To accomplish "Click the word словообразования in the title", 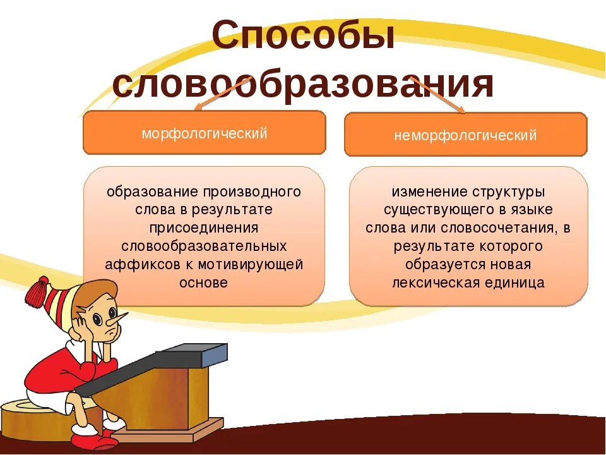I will (303, 85).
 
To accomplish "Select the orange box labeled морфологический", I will (205, 133).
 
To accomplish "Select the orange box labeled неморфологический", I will (465, 135).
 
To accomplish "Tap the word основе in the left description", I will (203, 282).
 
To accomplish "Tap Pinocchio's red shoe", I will (85, 439).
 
